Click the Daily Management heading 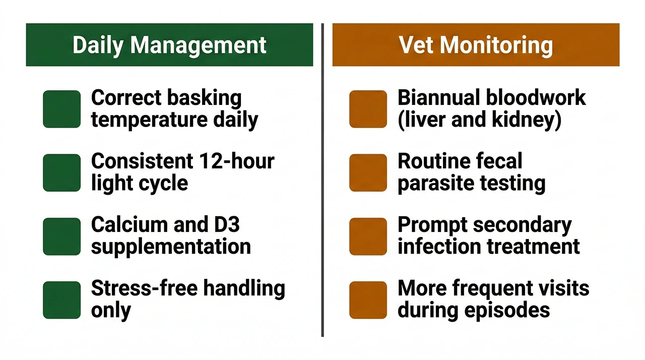pos(169,45)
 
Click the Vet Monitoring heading pos(476,45)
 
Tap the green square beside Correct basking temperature pos(62,109)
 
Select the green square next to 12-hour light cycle pos(62,172)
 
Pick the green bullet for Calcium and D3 pos(62,236)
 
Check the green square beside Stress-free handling pos(62,299)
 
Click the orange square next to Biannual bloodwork pos(368,109)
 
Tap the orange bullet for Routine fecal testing pos(368,172)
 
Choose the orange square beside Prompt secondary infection pos(368,236)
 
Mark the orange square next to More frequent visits pos(368,299)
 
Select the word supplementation pos(171,247)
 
